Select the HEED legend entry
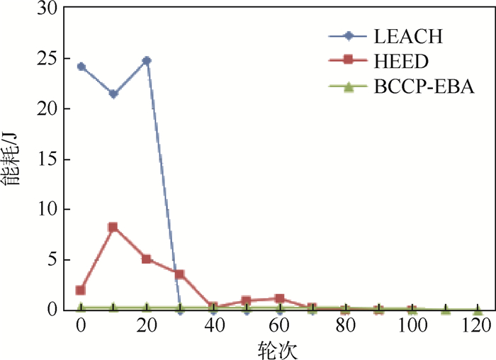point(394,62)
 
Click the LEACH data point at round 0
point(81,67)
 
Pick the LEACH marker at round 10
point(113,94)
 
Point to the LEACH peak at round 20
point(147,61)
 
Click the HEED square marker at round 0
point(81,290)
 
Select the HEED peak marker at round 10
point(113,227)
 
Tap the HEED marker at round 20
point(147,259)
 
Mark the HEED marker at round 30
point(180,274)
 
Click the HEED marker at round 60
point(279,298)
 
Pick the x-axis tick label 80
point(345,327)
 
